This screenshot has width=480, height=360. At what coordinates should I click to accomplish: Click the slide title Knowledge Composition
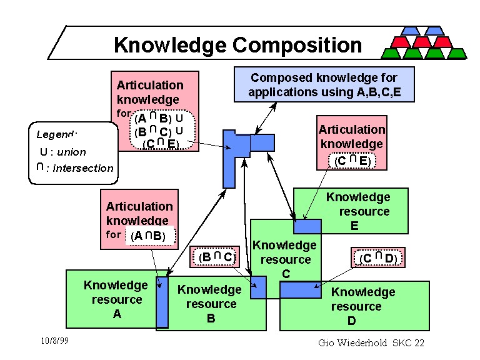pyautogui.click(x=237, y=45)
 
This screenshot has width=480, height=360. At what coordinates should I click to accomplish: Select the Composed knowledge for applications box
pyautogui.click(x=324, y=85)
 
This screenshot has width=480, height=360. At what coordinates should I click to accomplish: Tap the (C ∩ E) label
pyautogui.click(x=352, y=161)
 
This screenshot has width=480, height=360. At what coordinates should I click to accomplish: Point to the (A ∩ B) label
pyautogui.click(x=151, y=236)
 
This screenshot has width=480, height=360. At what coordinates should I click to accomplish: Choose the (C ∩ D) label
pyautogui.click(x=379, y=257)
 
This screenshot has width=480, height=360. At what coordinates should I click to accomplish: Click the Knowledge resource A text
pyautogui.click(x=116, y=299)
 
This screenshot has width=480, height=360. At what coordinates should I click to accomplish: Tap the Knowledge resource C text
pyautogui.click(x=286, y=259)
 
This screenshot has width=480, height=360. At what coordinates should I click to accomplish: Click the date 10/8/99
pyautogui.click(x=54, y=341)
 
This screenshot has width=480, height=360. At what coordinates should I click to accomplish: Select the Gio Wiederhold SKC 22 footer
pyautogui.click(x=371, y=342)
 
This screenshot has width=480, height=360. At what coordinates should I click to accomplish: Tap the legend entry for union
pyautogui.click(x=62, y=152)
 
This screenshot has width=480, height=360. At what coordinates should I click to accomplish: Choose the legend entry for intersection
pyautogui.click(x=74, y=168)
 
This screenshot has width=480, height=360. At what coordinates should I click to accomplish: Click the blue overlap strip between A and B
pyautogui.click(x=162, y=301)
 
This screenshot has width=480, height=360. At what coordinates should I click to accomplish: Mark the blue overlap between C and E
pyautogui.click(x=307, y=226)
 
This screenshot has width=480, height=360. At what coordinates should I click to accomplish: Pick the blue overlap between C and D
pyautogui.click(x=300, y=289)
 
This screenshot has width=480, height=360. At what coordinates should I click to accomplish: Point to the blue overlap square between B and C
pyautogui.click(x=258, y=287)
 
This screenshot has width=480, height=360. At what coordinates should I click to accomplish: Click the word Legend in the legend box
pyautogui.click(x=56, y=134)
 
